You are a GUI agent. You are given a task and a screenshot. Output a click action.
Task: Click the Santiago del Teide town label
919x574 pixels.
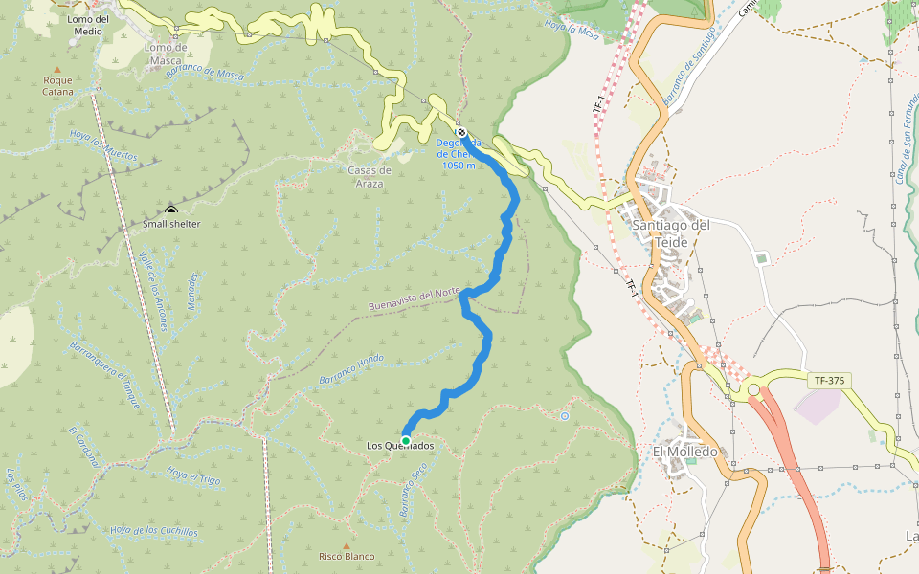670,232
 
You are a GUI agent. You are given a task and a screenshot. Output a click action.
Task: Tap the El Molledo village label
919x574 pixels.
684,452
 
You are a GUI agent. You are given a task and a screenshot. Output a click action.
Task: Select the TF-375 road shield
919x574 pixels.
829,381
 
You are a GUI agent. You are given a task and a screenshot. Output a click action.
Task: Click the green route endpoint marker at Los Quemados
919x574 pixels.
406,440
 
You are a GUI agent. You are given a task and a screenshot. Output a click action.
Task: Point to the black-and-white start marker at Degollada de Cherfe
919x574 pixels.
461,132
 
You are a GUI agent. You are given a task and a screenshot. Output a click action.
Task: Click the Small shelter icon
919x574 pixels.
170,211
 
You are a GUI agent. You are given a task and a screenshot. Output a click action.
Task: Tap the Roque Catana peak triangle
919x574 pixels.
57,70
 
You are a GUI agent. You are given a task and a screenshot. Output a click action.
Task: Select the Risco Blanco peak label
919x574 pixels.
347,556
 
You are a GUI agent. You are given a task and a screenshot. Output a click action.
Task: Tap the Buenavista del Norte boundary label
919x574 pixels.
415,298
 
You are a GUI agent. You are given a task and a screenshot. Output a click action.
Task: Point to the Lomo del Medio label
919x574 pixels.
88,25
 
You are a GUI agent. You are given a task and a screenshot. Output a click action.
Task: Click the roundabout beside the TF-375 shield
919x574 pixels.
753,389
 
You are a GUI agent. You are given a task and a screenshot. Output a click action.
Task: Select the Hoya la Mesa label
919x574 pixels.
571,30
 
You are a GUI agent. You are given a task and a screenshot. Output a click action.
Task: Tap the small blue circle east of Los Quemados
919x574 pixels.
565,416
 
